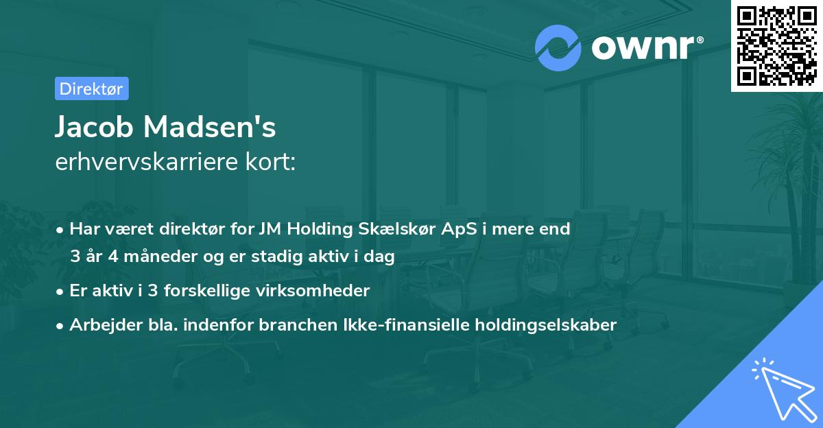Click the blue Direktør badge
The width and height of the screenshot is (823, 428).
[92, 88]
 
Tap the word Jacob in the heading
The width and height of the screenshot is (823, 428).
[94, 127]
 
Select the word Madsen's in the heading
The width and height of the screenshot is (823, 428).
[209, 127]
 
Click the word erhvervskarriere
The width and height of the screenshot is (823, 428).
[147, 162]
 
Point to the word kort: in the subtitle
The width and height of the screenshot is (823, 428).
[270, 162]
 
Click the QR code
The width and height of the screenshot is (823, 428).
[777, 46]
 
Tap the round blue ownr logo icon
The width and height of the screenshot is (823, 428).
[558, 48]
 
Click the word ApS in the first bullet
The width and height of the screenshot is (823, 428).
[459, 230]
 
